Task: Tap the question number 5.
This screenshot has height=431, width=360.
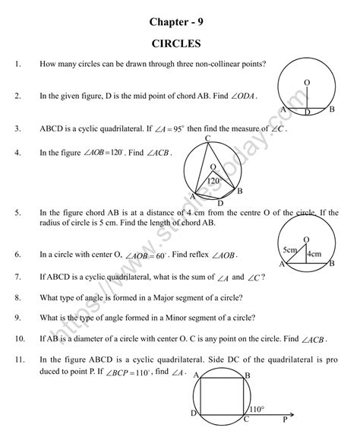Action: pyautogui.click(x=17, y=214)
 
